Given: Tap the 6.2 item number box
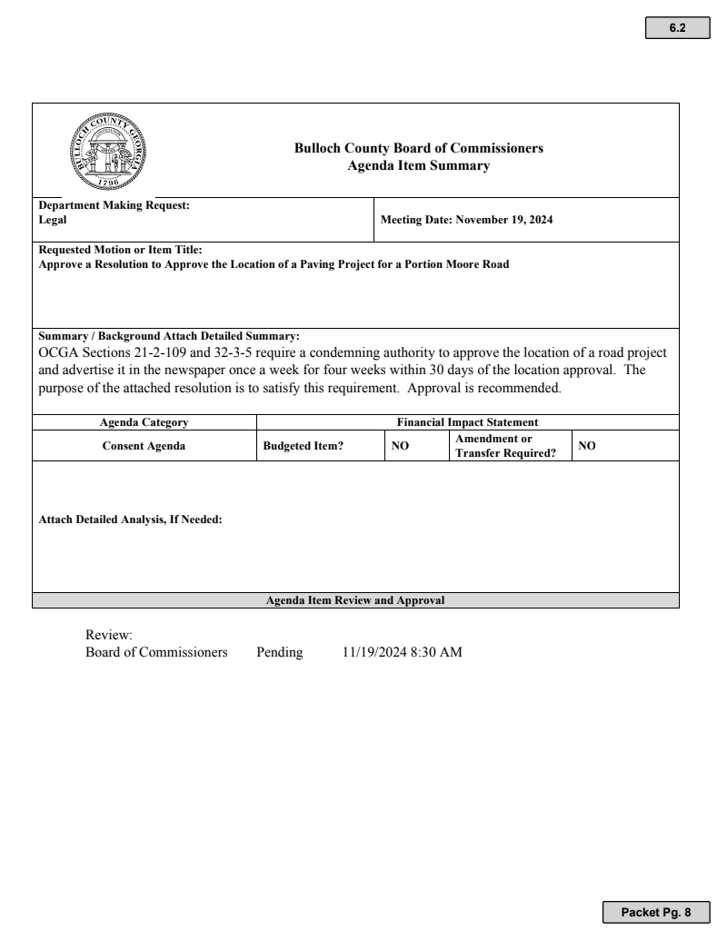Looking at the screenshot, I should [x=677, y=28].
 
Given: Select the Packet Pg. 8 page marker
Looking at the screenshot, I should [x=655, y=911].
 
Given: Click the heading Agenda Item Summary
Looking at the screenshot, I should [x=418, y=165].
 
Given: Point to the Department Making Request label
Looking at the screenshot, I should [x=114, y=205].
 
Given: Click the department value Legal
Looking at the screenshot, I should [x=52, y=219].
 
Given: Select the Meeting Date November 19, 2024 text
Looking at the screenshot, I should [x=466, y=220].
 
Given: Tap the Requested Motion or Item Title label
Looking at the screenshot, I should [x=120, y=250].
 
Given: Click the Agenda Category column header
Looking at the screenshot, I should [x=144, y=422].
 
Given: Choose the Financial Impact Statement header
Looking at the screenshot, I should [x=467, y=422].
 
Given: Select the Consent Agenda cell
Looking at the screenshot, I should [x=144, y=446].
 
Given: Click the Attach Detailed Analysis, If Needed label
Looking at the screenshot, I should [x=130, y=520].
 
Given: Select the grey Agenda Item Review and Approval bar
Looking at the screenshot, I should [x=355, y=600].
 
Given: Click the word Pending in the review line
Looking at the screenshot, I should [x=279, y=652].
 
